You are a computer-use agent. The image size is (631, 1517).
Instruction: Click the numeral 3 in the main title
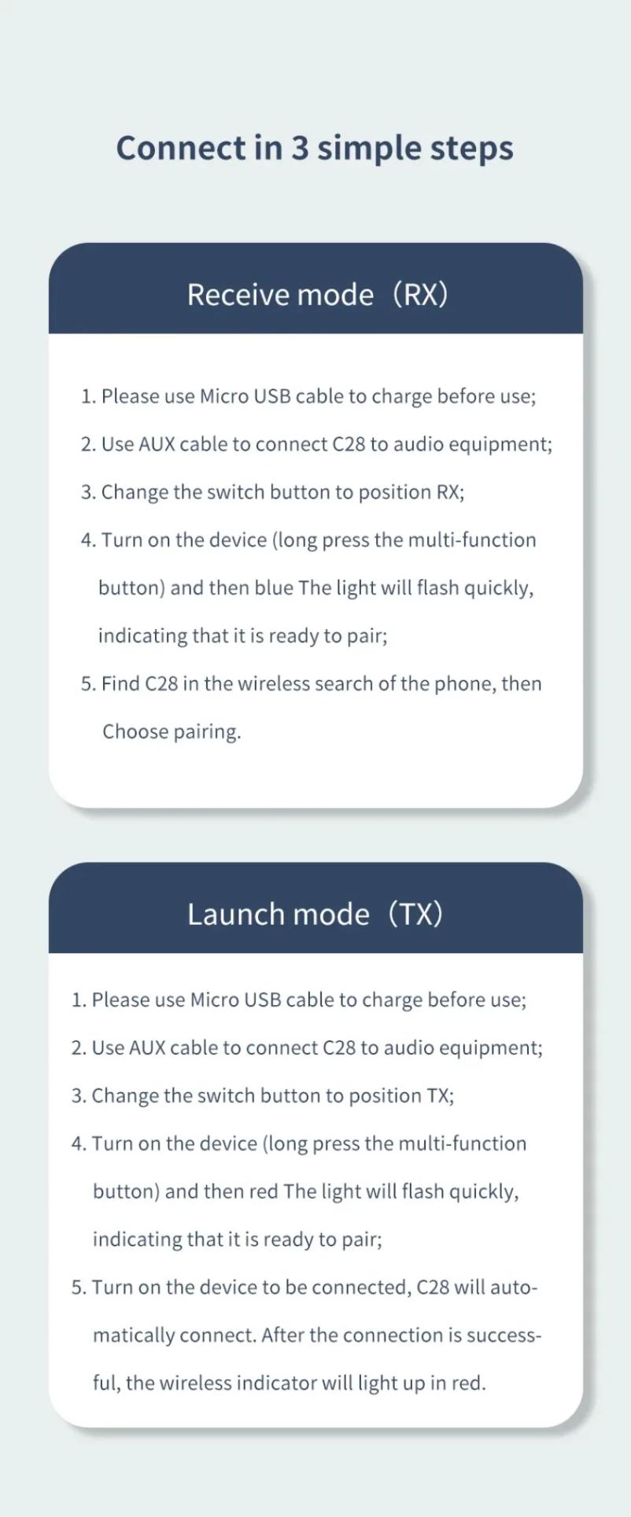(x=300, y=148)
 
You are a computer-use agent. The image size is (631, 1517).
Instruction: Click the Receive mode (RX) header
(x=316, y=294)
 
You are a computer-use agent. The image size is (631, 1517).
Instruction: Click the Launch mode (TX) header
(x=315, y=914)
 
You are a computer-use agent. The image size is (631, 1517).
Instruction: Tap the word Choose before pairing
(x=135, y=732)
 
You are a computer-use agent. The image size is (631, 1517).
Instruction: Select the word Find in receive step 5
(x=120, y=683)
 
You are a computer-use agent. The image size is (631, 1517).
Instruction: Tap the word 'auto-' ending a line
(x=514, y=1287)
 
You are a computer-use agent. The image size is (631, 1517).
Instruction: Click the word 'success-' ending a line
(x=504, y=1335)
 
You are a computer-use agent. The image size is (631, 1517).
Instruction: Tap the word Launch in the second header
(x=234, y=914)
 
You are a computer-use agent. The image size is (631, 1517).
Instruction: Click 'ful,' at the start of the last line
(x=105, y=1383)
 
